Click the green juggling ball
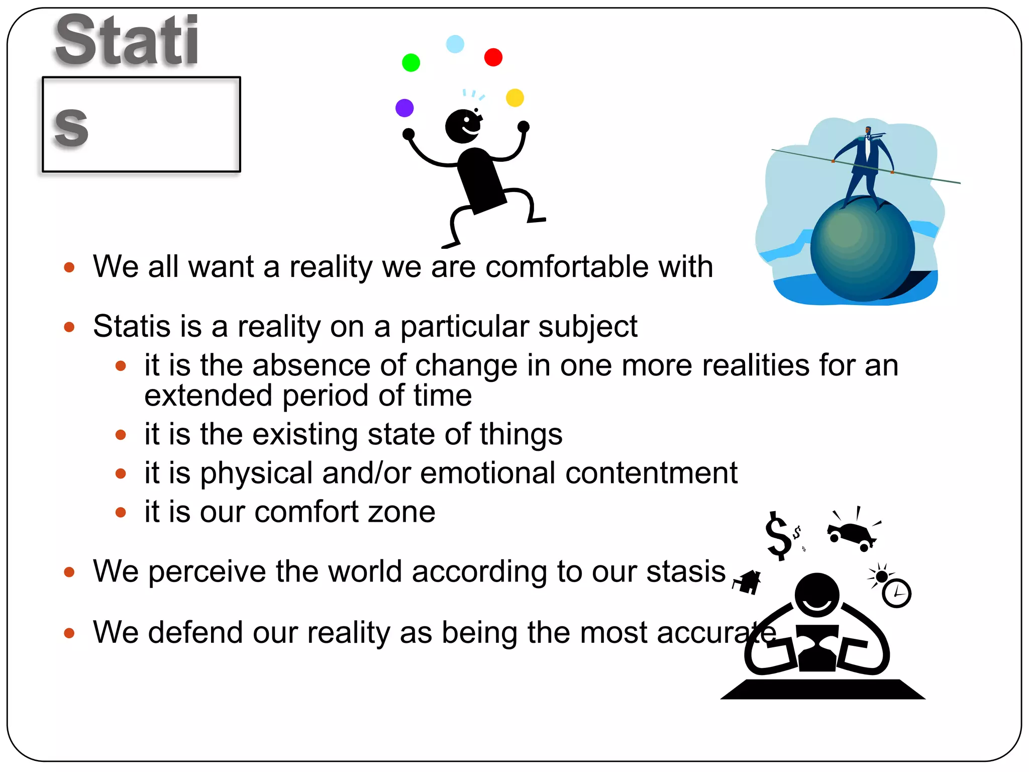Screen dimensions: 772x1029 [x=411, y=63]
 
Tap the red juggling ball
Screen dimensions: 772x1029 [x=493, y=57]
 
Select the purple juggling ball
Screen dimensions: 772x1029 [x=404, y=108]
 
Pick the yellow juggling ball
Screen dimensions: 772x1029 [x=515, y=98]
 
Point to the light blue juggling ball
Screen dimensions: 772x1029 [x=455, y=44]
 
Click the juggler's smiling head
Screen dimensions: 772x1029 [x=463, y=126]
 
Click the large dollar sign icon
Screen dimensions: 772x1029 [x=778, y=536]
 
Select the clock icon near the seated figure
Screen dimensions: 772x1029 [x=897, y=594]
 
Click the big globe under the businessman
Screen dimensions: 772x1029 [x=862, y=249]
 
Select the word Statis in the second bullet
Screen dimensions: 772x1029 [x=132, y=326]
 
